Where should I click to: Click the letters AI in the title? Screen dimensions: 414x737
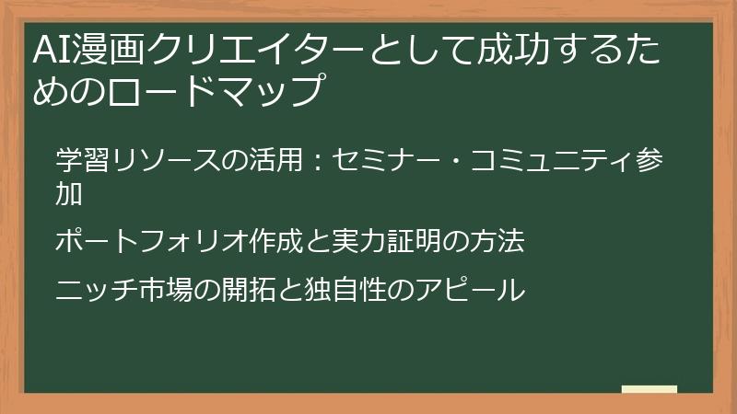click(47, 47)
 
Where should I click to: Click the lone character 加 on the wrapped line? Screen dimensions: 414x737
click(69, 194)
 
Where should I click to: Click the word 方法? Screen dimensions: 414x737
click(498, 243)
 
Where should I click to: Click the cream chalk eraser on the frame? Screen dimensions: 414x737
click(649, 389)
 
